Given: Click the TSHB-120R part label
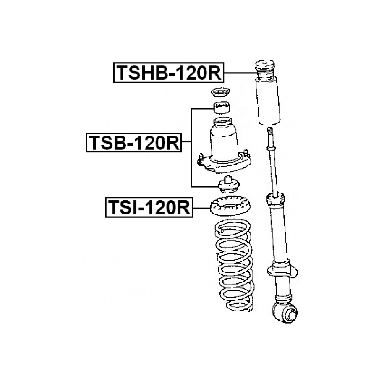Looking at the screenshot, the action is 169,73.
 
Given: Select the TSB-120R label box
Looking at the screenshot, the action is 133,143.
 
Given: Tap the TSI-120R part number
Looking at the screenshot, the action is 149,207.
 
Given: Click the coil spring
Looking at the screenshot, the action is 234,266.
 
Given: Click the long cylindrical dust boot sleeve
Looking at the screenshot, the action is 268,101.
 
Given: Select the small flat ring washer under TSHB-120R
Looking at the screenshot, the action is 220,92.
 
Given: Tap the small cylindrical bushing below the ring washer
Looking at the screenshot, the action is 222,107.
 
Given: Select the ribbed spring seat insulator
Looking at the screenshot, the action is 230,206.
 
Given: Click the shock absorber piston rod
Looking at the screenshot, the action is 273,171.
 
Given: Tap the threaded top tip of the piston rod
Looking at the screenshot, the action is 270,129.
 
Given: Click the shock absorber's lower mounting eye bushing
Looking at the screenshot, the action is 285,312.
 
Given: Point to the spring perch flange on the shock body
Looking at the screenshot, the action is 282,272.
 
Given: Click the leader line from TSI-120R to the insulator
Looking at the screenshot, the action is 201,208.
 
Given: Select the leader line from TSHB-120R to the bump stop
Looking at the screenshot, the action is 240,73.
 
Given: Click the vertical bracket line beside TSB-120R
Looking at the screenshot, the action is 191,147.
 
